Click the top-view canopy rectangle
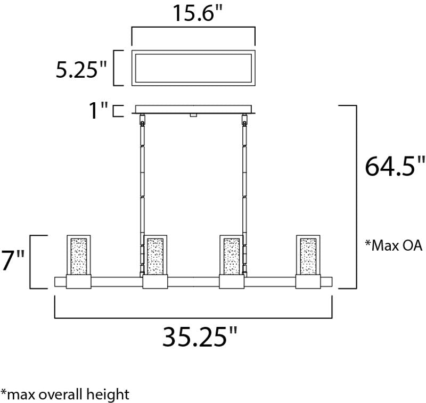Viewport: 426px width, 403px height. click(x=194, y=68)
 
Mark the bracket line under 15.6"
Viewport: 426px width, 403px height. click(x=193, y=30)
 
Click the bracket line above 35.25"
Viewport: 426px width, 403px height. click(x=194, y=318)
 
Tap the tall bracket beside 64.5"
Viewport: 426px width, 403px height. click(x=355, y=197)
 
